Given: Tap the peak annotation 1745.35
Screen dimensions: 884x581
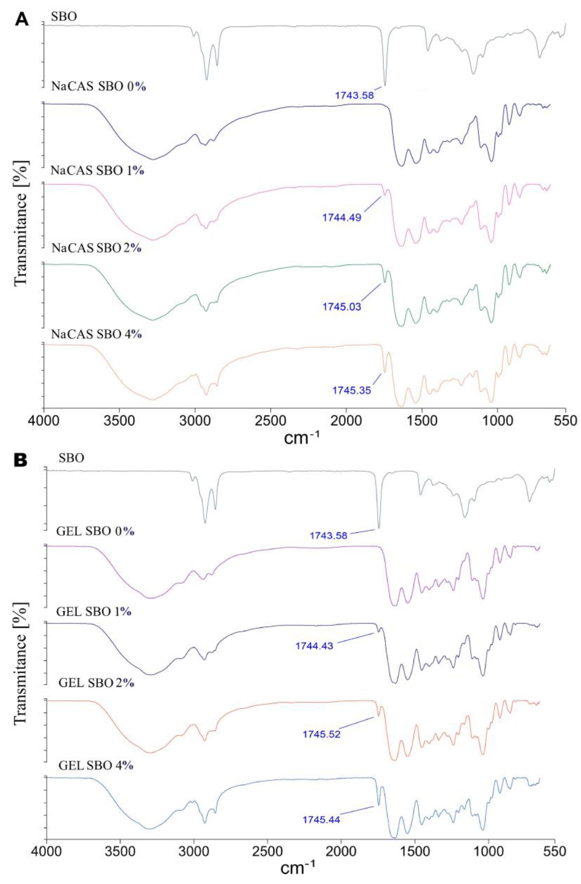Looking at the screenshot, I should pyautogui.click(x=352, y=390).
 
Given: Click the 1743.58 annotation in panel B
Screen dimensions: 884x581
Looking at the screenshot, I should pyautogui.click(x=328, y=536).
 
